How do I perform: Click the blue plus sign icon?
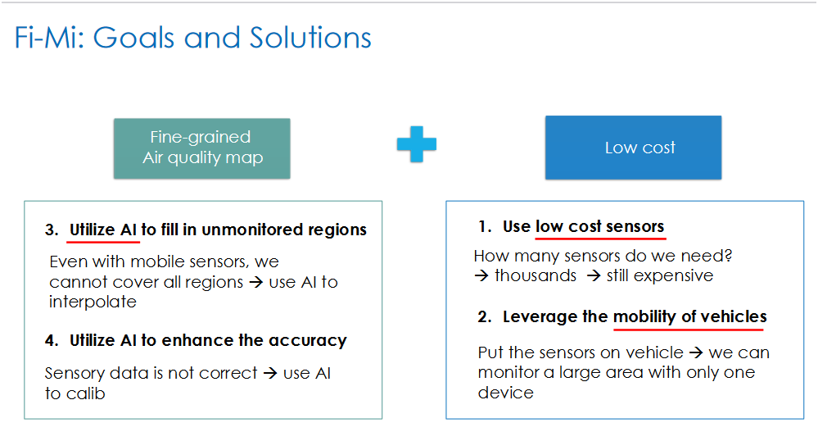(x=416, y=144)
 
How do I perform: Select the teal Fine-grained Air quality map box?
(x=202, y=148)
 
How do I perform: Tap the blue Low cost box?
(x=633, y=148)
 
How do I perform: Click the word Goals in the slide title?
(x=133, y=38)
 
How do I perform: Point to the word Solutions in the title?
(x=310, y=38)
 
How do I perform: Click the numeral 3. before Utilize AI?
(x=52, y=230)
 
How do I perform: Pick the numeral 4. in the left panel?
(x=52, y=341)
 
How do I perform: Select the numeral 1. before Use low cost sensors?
(x=485, y=226)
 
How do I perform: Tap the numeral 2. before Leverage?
(x=485, y=316)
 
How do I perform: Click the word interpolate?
(x=93, y=302)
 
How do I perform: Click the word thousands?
(x=536, y=275)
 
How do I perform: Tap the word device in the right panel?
(x=505, y=393)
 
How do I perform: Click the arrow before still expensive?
(x=594, y=275)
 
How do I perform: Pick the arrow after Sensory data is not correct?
(x=270, y=373)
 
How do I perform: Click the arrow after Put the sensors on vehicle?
(x=696, y=352)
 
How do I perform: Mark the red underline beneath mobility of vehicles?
(x=689, y=330)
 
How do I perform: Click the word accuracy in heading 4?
(x=307, y=341)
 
